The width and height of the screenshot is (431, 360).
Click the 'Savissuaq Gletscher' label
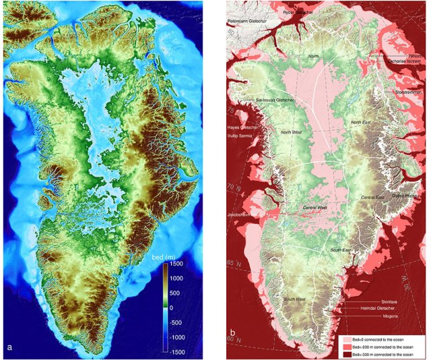[276, 100]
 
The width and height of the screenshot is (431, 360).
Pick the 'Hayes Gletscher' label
[244, 127]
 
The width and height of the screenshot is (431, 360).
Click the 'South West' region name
[296, 299]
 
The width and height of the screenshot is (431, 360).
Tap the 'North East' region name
[360, 122]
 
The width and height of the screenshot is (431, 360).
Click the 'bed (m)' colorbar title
[178, 258]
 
